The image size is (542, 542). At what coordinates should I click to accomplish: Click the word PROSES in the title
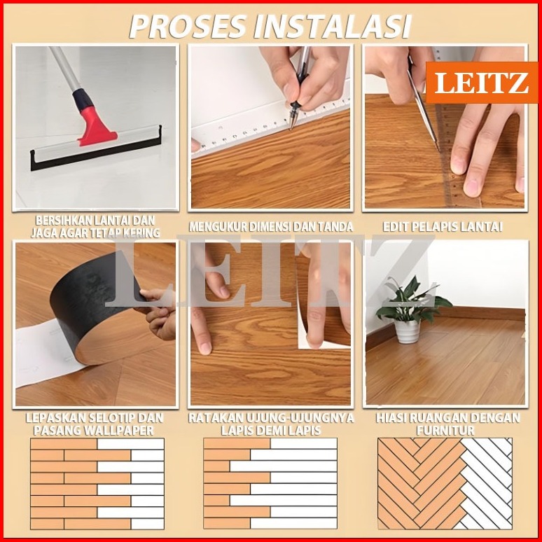pyautogui.click(x=188, y=27)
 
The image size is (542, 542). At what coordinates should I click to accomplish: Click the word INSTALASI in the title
pyautogui.click(x=333, y=27)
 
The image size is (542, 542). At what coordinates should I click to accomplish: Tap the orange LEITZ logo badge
pyautogui.click(x=481, y=83)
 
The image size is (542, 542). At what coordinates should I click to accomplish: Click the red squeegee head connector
pyautogui.click(x=96, y=125)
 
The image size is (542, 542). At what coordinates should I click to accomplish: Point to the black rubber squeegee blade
pyautogui.click(x=96, y=151)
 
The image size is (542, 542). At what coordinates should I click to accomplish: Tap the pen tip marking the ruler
pyautogui.click(x=291, y=126)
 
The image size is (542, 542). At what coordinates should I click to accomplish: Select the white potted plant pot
pyautogui.click(x=408, y=331)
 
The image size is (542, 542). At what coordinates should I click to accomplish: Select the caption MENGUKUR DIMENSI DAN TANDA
pyautogui.click(x=271, y=226)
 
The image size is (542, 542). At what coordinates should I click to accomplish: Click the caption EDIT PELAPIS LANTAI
pyautogui.click(x=443, y=226)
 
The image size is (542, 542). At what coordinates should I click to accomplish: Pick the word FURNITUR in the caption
pyautogui.click(x=445, y=431)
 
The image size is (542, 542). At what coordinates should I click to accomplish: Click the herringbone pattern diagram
pyautogui.click(x=445, y=484)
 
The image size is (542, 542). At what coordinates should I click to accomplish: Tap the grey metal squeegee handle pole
pyautogui.click(x=66, y=68)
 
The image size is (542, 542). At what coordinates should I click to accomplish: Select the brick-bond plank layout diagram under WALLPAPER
pyautogui.click(x=97, y=484)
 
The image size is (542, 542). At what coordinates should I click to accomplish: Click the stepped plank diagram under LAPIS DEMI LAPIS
pyautogui.click(x=270, y=484)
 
